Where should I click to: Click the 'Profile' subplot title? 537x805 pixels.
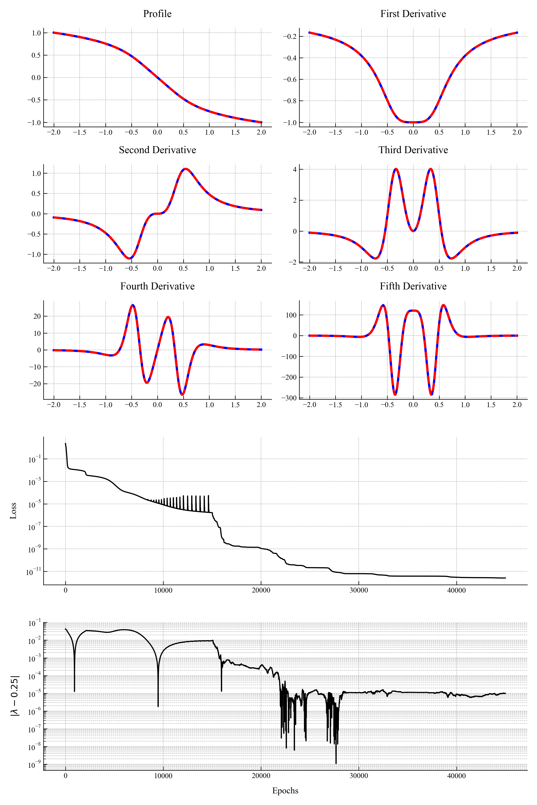(x=157, y=14)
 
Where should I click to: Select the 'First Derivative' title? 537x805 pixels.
(x=413, y=14)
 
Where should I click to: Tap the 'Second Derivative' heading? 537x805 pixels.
(x=157, y=150)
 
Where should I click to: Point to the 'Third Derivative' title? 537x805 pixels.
(x=413, y=150)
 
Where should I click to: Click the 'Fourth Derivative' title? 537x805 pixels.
(x=157, y=286)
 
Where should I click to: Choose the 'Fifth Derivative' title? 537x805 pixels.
(x=413, y=286)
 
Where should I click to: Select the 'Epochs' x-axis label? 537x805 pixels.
(x=285, y=791)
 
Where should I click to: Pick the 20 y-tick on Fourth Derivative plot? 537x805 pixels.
(x=37, y=316)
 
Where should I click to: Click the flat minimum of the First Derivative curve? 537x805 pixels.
(x=413, y=122)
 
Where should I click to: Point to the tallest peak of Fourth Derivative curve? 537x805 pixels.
(x=133, y=305)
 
